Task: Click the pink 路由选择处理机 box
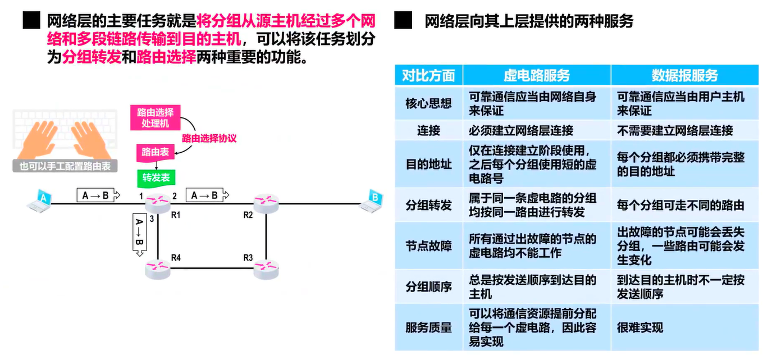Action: [x=156, y=117]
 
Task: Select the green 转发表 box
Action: [x=156, y=177]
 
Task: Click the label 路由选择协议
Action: [x=208, y=138]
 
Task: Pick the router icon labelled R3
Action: [x=266, y=269]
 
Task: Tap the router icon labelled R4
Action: [x=157, y=269]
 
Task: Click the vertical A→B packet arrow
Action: [x=139, y=234]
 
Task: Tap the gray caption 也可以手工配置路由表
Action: [x=65, y=166]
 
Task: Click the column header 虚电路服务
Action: [x=536, y=75]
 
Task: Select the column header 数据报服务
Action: [x=684, y=75]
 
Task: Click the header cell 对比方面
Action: [x=428, y=75]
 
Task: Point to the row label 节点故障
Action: [x=428, y=246]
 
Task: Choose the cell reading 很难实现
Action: [x=640, y=327]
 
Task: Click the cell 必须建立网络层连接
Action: [x=521, y=131]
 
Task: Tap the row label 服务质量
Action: [x=428, y=327]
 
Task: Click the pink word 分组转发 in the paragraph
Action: [x=92, y=57]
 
